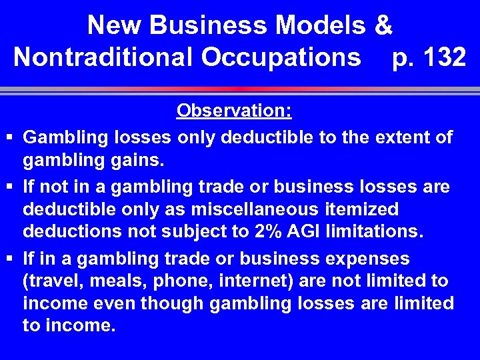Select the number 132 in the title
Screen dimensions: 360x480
[443, 57]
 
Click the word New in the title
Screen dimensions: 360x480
[115, 25]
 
